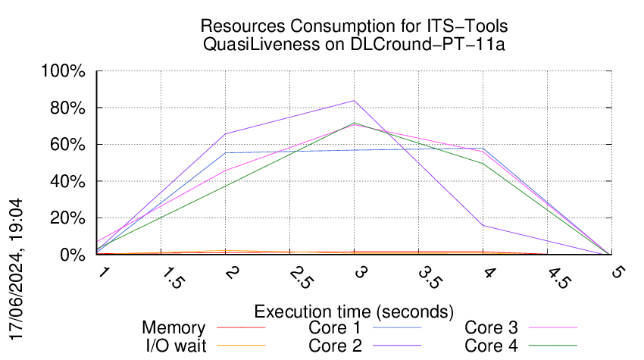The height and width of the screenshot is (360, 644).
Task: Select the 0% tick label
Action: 74,255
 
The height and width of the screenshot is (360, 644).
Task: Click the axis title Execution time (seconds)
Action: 354,311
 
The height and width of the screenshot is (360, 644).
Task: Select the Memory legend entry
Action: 174,328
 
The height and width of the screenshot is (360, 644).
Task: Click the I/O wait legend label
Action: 174,346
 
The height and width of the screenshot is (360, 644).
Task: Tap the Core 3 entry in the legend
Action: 491,328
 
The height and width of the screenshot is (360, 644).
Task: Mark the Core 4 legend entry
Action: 491,346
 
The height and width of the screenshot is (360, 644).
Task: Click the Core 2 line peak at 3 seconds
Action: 354,100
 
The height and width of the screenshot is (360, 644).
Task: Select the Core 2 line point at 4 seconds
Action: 483,225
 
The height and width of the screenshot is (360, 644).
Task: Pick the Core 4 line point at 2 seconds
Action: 225,186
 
